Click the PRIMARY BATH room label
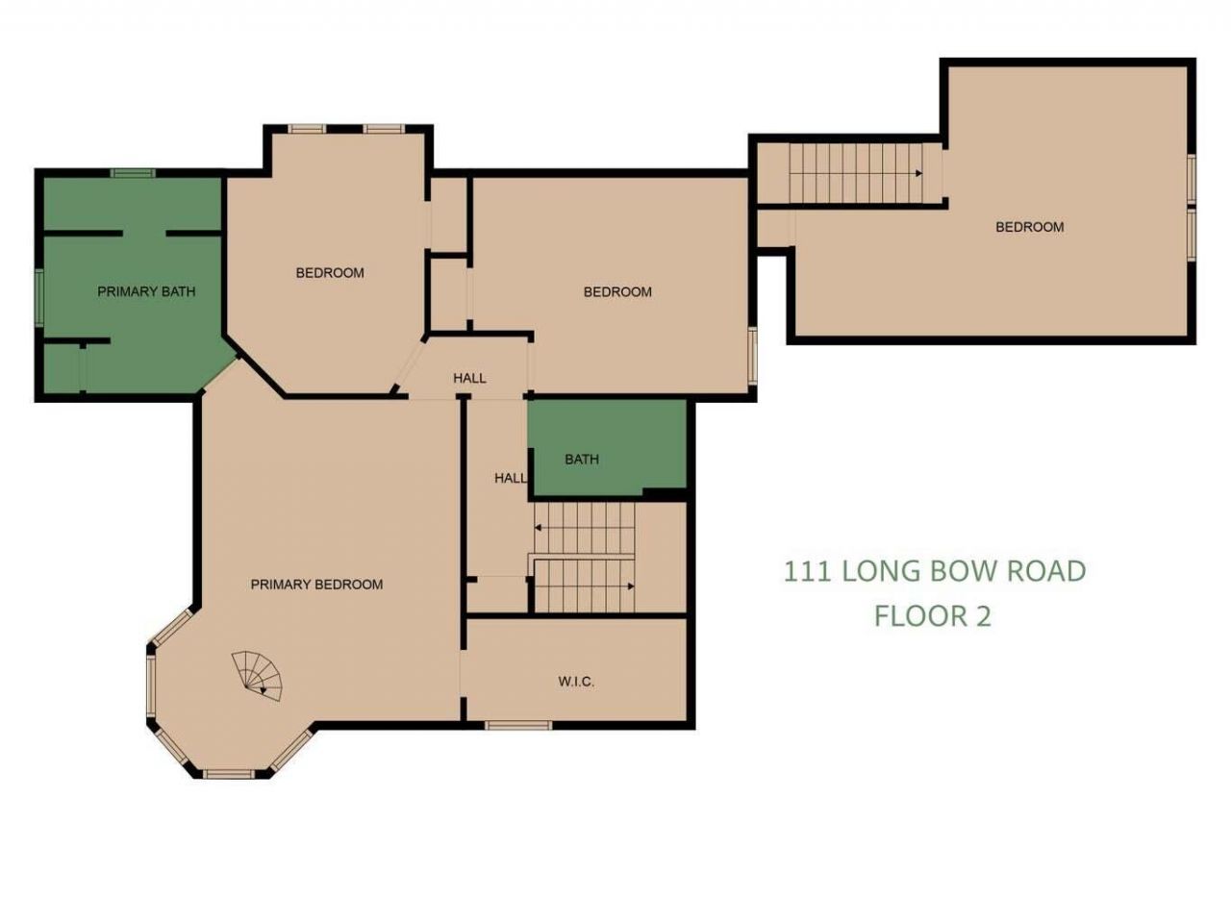(x=146, y=291)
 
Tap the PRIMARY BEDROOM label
(x=316, y=585)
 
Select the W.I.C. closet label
(x=576, y=682)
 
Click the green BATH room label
(x=582, y=460)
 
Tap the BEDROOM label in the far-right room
(x=1029, y=227)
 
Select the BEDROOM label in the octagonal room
(x=330, y=273)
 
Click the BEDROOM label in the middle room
(x=617, y=291)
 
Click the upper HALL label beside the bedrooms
(x=469, y=378)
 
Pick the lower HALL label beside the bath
(x=510, y=478)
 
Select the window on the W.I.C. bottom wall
(x=517, y=725)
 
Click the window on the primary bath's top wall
(x=132, y=173)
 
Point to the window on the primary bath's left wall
(x=39, y=295)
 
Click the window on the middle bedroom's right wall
(x=753, y=356)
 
